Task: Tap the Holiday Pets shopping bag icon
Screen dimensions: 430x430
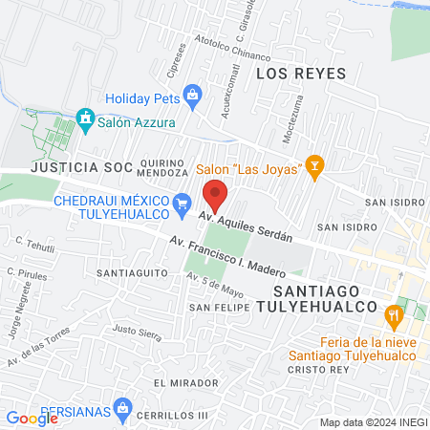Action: pyautogui.click(x=194, y=95)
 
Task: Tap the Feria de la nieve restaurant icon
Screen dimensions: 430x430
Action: pyautogui.click(x=393, y=314)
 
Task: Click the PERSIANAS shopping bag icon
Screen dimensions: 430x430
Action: pyautogui.click(x=121, y=409)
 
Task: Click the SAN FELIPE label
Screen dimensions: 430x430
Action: pyautogui.click(x=218, y=307)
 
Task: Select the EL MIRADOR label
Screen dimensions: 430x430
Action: pyautogui.click(x=178, y=382)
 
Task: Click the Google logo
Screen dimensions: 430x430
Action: pyautogui.click(x=32, y=418)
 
